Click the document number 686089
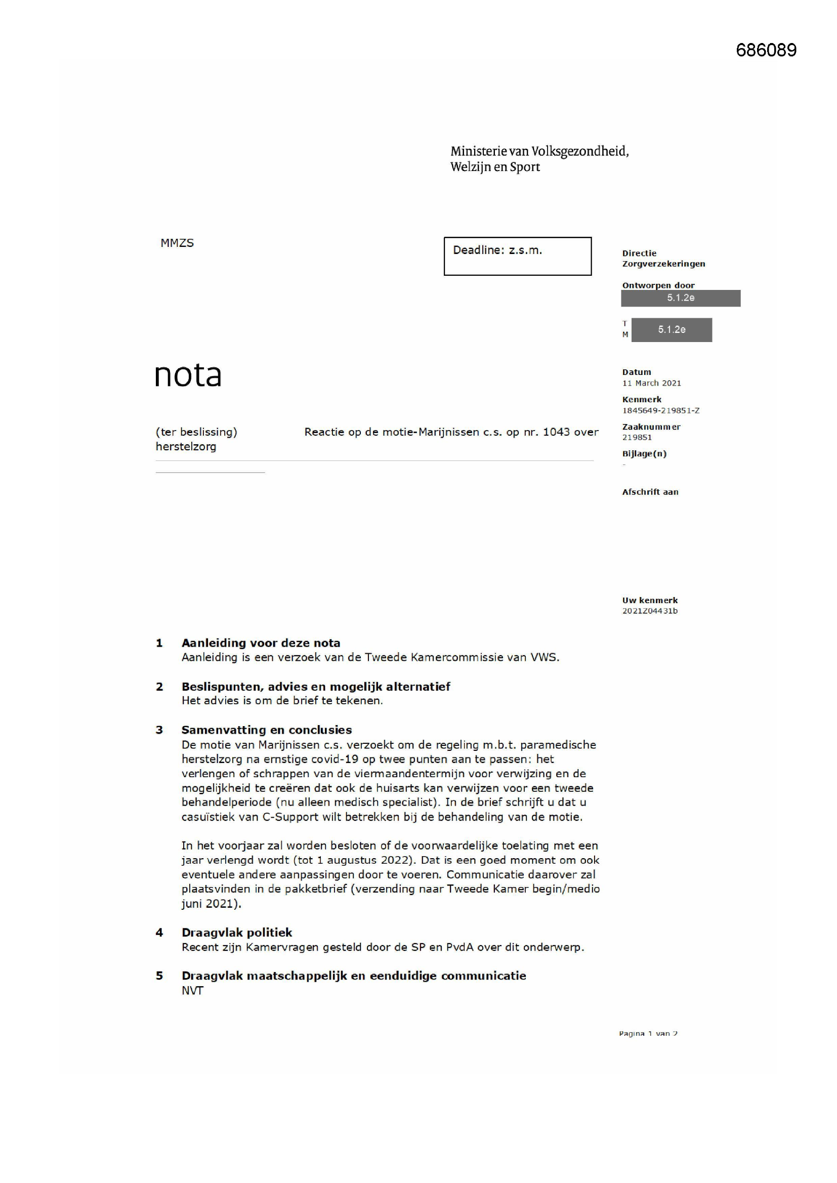click(x=766, y=50)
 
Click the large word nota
click(x=188, y=374)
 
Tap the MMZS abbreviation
click(x=177, y=243)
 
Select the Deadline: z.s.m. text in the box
click(x=497, y=250)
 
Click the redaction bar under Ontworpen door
click(x=680, y=298)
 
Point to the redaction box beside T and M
click(x=671, y=330)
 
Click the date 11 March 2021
click(x=651, y=383)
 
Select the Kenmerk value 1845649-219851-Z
click(x=661, y=411)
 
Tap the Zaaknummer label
click(x=651, y=427)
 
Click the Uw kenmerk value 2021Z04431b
click(x=649, y=611)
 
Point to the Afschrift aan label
click(x=650, y=492)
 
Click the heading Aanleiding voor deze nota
click(x=261, y=643)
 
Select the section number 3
click(x=159, y=730)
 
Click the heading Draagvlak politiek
click(x=236, y=933)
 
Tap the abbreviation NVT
click(x=192, y=991)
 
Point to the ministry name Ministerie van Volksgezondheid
click(x=539, y=151)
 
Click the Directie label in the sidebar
click(x=639, y=253)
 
